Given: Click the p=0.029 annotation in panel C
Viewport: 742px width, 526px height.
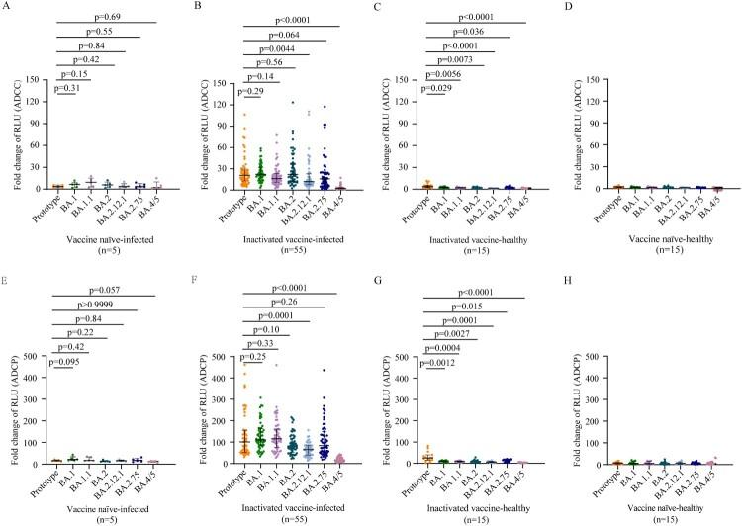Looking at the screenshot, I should [436, 90].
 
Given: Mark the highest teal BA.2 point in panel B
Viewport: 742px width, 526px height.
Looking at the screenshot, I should [293, 102].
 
